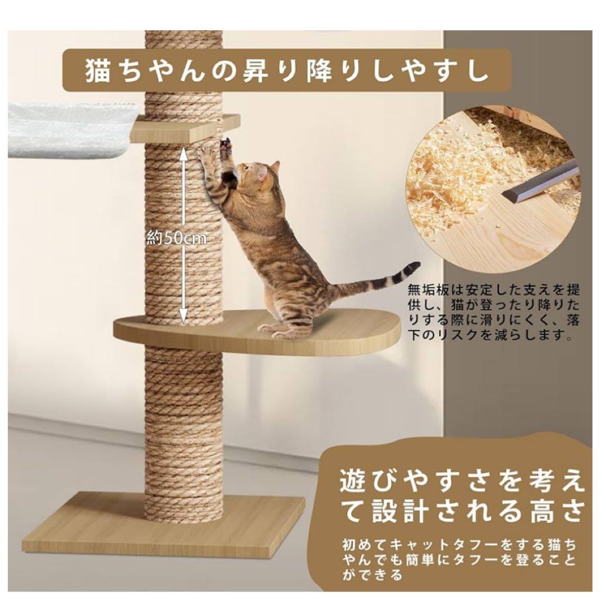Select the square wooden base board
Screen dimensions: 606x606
[163, 525]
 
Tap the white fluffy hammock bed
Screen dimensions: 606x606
[67, 129]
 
